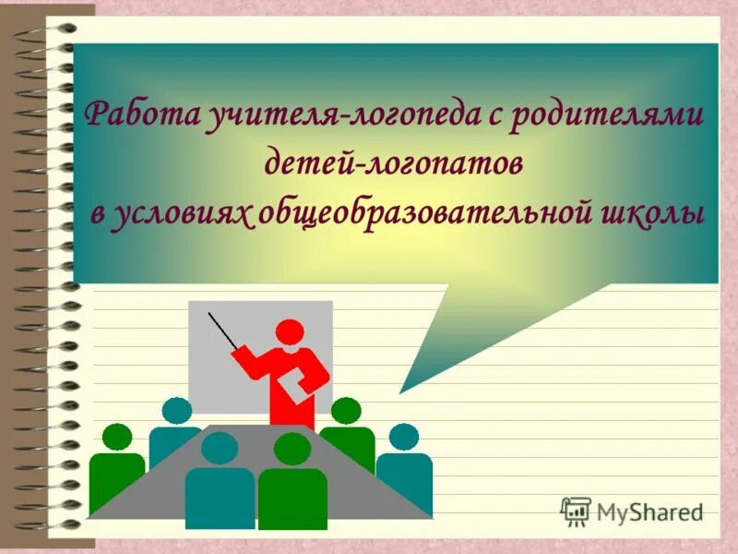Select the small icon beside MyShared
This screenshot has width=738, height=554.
tap(577, 510)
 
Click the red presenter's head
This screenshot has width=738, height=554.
tap(289, 333)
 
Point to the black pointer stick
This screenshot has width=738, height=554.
tap(223, 331)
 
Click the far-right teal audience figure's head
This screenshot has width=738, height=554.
tap(403, 437)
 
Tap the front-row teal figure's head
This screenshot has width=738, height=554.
tap(220, 448)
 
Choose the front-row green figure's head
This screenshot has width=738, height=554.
tap(292, 449)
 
